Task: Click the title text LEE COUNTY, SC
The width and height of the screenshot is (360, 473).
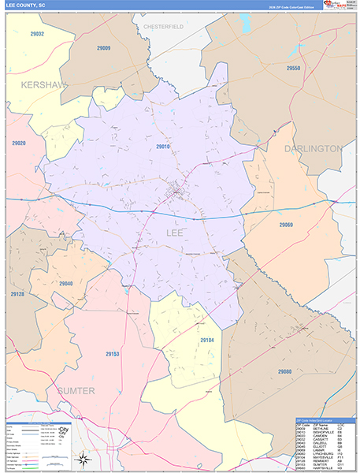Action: tap(26, 5)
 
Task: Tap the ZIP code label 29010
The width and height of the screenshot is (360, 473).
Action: tap(163, 147)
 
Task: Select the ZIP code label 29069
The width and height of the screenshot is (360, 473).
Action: tap(285, 225)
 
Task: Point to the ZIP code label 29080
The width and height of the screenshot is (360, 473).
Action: tap(284, 371)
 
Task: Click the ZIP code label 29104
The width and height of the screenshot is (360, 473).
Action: tap(207, 340)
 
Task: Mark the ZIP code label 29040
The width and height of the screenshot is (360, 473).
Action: tap(65, 284)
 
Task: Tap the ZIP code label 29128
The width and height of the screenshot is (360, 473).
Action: tap(17, 294)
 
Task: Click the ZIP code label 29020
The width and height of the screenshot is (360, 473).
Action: tap(19, 143)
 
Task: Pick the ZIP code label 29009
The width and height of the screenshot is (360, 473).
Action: tap(103, 48)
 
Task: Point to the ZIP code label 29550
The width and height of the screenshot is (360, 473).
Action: tap(294, 69)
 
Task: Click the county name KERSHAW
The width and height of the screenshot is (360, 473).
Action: tap(44, 84)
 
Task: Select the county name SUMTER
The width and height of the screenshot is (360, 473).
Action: tap(75, 391)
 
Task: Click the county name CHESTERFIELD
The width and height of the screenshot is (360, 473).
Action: tap(163, 27)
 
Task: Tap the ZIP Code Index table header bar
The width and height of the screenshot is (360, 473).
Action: tap(325, 420)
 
